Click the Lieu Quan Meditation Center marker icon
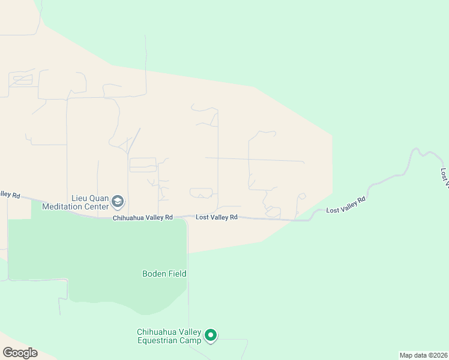point(118,200)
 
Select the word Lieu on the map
point(80,197)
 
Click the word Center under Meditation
point(96,206)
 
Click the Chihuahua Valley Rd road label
point(143,218)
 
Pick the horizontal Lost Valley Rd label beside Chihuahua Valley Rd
point(217,217)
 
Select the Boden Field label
point(164,274)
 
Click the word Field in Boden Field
point(177,274)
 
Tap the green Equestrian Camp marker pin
point(210,335)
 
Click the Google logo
point(20,353)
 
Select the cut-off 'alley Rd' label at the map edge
point(10,195)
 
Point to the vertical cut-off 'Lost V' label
point(444,176)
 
